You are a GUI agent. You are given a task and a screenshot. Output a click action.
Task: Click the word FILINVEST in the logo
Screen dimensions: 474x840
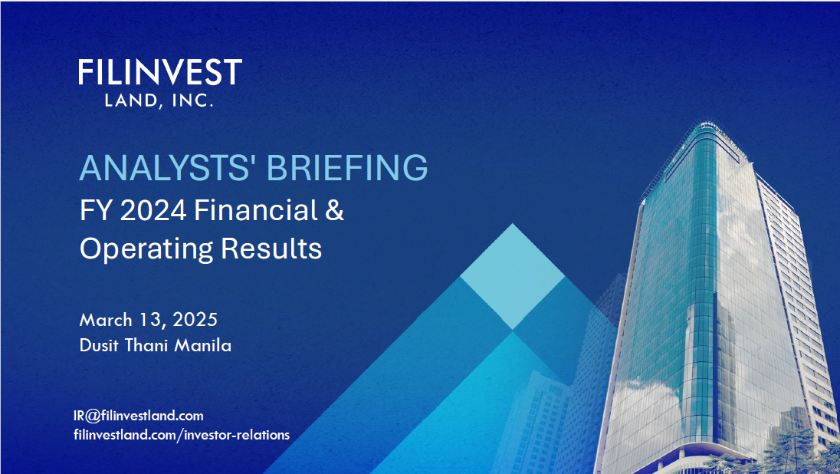tap(159, 73)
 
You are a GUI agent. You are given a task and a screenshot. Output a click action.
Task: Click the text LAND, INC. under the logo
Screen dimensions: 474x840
tap(159, 100)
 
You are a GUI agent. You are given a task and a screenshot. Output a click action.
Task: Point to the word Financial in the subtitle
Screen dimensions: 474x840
tap(256, 211)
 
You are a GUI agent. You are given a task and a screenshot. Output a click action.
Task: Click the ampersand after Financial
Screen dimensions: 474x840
tap(335, 211)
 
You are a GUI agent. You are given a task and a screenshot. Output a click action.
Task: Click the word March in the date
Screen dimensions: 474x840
tap(107, 319)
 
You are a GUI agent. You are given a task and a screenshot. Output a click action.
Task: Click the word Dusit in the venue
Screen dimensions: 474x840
tap(100, 345)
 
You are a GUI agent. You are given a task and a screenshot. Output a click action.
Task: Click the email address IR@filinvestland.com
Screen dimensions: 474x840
tap(139, 416)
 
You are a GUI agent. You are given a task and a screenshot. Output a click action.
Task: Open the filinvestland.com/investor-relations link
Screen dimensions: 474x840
tap(182, 435)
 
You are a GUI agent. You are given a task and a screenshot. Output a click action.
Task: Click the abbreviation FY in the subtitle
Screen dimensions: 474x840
tap(92, 211)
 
